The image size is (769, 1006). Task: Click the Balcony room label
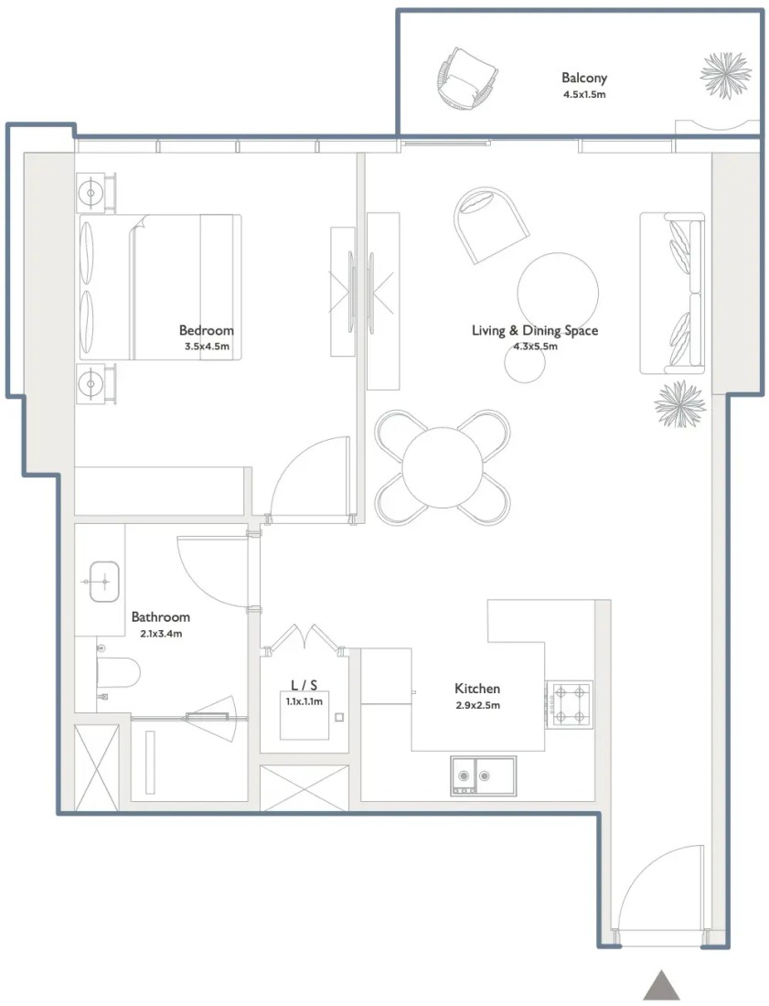pyautogui.click(x=583, y=79)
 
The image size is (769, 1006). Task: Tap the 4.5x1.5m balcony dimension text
pyautogui.click(x=584, y=94)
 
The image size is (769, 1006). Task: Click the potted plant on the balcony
pyautogui.click(x=725, y=75)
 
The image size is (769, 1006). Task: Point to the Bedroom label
pyautogui.click(x=206, y=330)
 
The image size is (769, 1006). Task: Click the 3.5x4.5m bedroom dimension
pyautogui.click(x=207, y=347)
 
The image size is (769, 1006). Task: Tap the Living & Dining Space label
pyautogui.click(x=535, y=330)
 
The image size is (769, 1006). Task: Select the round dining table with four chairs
pyautogui.click(x=443, y=467)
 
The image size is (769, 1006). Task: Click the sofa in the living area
pyautogui.click(x=672, y=294)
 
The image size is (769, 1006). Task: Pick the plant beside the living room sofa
pyautogui.click(x=680, y=404)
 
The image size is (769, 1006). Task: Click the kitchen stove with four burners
pyautogui.click(x=570, y=704)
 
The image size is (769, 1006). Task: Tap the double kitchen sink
pyautogui.click(x=483, y=776)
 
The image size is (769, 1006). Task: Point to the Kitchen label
pyautogui.click(x=477, y=689)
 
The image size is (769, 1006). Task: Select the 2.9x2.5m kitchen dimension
pyautogui.click(x=477, y=705)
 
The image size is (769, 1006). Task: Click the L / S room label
pyautogui.click(x=304, y=685)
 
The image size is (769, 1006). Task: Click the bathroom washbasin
pyautogui.click(x=104, y=582)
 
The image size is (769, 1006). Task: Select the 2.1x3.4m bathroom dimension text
pyautogui.click(x=161, y=634)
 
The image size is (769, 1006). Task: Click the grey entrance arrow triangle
pyautogui.click(x=661, y=985)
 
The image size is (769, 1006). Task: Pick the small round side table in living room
pyautogui.click(x=525, y=363)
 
